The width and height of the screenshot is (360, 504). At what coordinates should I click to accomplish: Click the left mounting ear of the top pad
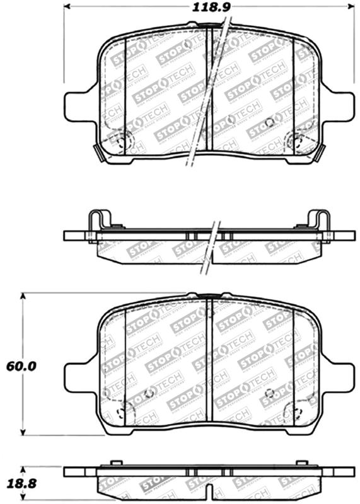(x=78, y=106)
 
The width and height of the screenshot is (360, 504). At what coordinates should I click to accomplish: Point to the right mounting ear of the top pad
(x=341, y=106)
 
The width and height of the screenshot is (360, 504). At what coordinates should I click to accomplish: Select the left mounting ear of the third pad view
(x=78, y=377)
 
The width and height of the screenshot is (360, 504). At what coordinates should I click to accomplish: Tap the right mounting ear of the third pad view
(x=341, y=377)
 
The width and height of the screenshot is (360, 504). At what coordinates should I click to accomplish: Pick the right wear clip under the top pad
(x=321, y=151)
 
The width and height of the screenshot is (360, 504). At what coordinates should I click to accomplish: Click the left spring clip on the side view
(x=98, y=222)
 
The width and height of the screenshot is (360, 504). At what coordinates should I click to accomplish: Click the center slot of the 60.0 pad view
(x=211, y=362)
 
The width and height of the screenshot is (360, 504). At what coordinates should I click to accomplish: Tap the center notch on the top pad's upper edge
(x=210, y=26)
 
